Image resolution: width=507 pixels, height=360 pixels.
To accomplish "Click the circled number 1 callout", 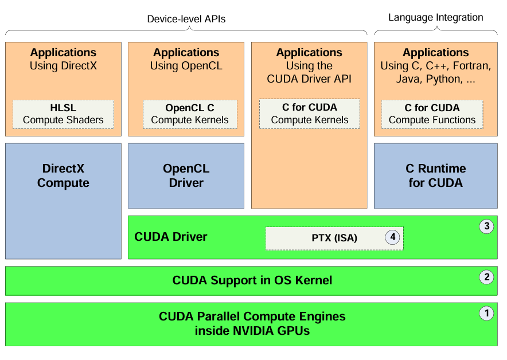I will click(486, 313).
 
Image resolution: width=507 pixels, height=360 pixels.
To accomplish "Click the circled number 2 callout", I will click(486, 277).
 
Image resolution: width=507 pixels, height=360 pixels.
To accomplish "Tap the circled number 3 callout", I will click(486, 226).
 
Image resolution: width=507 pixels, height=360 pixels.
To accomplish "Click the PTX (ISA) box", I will click(334, 238).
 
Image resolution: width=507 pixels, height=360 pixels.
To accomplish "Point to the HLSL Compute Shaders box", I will click(63, 114).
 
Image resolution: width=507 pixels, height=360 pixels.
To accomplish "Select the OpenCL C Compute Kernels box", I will click(190, 114).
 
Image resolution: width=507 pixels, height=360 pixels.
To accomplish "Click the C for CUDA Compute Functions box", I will click(432, 114).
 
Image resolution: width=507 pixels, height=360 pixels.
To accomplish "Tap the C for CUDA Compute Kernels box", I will click(310, 114).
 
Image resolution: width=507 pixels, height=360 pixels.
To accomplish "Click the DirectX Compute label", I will click(63, 176).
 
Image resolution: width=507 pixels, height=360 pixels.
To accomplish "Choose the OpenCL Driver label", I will click(186, 176).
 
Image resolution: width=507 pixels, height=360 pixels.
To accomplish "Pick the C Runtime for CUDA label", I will click(435, 176).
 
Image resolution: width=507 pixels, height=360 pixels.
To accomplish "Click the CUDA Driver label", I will click(170, 237).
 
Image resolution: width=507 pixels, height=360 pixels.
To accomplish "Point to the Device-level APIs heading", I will click(186, 19).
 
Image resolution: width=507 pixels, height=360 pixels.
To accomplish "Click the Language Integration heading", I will click(436, 18).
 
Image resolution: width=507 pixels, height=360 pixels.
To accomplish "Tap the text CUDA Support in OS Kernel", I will click(252, 280).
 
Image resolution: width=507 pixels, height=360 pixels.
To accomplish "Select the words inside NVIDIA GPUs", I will click(252, 331).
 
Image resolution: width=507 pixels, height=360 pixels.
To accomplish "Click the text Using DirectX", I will click(63, 66).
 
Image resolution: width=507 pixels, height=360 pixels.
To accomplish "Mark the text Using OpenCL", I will click(186, 66).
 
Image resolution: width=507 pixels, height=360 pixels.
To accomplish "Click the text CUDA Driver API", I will click(309, 79).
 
